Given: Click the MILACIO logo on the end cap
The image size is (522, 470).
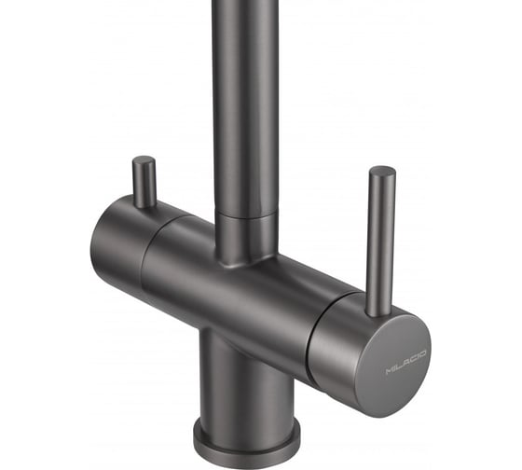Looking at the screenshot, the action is coord(405,362).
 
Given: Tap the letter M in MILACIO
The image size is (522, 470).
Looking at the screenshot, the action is coord(390,371).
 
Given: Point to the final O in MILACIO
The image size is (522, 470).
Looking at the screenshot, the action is coord(422,353).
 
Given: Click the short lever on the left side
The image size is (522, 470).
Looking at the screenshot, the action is coord(144,182).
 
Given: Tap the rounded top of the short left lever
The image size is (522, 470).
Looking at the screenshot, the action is coord(144,160).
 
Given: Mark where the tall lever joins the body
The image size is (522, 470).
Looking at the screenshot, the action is coord(378,312).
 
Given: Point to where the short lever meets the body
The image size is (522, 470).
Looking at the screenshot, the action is coord(144,204).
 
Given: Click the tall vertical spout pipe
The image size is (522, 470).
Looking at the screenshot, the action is coord(244,106).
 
